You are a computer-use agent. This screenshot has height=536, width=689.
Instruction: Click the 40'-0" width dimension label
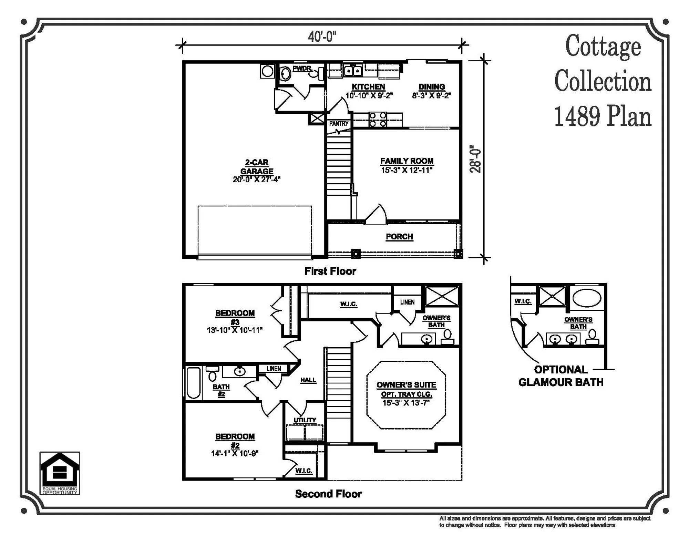tap(322, 37)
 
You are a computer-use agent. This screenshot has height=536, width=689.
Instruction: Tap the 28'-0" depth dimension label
tap(475, 159)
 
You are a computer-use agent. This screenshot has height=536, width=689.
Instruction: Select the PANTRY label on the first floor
tap(339, 123)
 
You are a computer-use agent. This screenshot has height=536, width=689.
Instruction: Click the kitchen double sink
tap(353, 71)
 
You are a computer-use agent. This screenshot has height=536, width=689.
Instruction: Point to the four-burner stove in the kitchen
tap(378, 119)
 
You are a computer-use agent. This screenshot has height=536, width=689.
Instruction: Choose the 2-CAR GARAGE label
tap(257, 167)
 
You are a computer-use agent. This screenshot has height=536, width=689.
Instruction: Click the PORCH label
tap(399, 237)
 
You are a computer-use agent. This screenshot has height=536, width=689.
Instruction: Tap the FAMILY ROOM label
tap(407, 161)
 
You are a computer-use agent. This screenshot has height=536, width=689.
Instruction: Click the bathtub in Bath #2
tap(194, 383)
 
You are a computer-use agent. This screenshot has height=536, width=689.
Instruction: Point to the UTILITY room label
tap(305, 420)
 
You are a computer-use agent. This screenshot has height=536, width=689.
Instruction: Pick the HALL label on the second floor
tap(308, 380)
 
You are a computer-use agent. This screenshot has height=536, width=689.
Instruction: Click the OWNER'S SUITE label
tap(407, 385)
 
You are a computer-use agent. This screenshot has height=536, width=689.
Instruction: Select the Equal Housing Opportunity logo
tap(60, 473)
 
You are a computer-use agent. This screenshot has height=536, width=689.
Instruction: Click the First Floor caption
tap(330, 271)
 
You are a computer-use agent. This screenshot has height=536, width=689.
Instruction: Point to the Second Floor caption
tap(328, 494)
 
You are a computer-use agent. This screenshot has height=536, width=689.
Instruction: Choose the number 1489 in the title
tap(577, 116)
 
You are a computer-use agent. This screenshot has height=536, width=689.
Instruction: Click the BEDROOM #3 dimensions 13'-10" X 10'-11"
tap(235, 330)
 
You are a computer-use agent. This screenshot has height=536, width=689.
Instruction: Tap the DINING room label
tap(431, 87)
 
